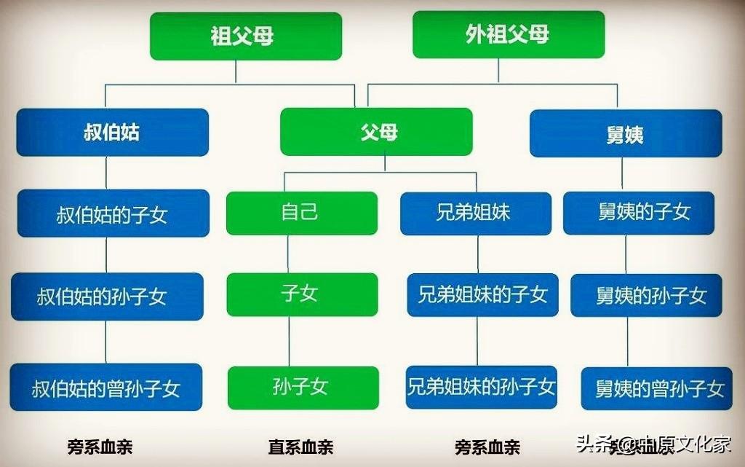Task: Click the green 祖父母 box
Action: pos(246,36)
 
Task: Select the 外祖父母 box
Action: pos(508,34)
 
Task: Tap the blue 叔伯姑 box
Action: pos(112,133)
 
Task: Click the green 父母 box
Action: pos(376,132)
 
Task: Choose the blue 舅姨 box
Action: pos(625,133)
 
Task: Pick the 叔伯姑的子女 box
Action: pos(112,213)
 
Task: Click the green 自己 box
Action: pos(301,213)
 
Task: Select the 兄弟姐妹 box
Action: pos(475,213)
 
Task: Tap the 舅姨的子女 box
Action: pos(638,213)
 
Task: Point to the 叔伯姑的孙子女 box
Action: pos(108,296)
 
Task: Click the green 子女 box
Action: pos(301,294)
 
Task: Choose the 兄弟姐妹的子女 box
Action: pos(482,294)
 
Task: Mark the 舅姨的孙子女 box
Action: pos(646,295)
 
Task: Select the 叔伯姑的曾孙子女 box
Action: pos(106,387)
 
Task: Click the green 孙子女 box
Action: pos(303,387)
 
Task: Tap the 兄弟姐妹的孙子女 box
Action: pos(482,386)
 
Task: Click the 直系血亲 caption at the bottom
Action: pos(300,447)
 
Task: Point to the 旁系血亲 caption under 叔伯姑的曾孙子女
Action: pos(100,447)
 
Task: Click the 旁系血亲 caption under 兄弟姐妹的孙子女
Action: pos(488,447)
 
